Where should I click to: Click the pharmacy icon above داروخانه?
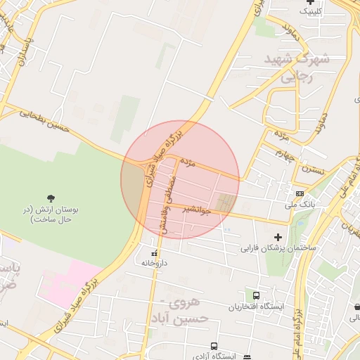155,253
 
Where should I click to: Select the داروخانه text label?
155,263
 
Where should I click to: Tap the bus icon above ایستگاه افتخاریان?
256,296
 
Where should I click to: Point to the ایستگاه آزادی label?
216,356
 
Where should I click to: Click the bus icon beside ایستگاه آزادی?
247,357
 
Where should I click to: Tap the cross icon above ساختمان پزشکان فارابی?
278,237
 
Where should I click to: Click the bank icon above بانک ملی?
300,193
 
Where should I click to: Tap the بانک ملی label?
297,204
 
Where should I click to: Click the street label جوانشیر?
196,210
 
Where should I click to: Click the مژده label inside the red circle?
187,162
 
